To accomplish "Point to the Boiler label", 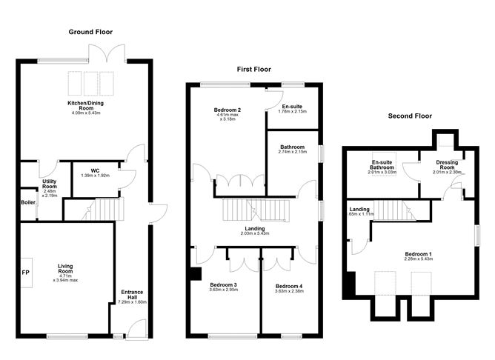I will [28, 201].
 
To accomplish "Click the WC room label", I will [95, 170].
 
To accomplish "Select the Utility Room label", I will [49, 184].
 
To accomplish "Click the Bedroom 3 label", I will [223, 285].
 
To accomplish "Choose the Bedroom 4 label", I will [288, 286].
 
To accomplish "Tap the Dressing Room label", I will [447, 164].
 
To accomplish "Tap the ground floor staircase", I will [96, 210].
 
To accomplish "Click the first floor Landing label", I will [255, 228].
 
